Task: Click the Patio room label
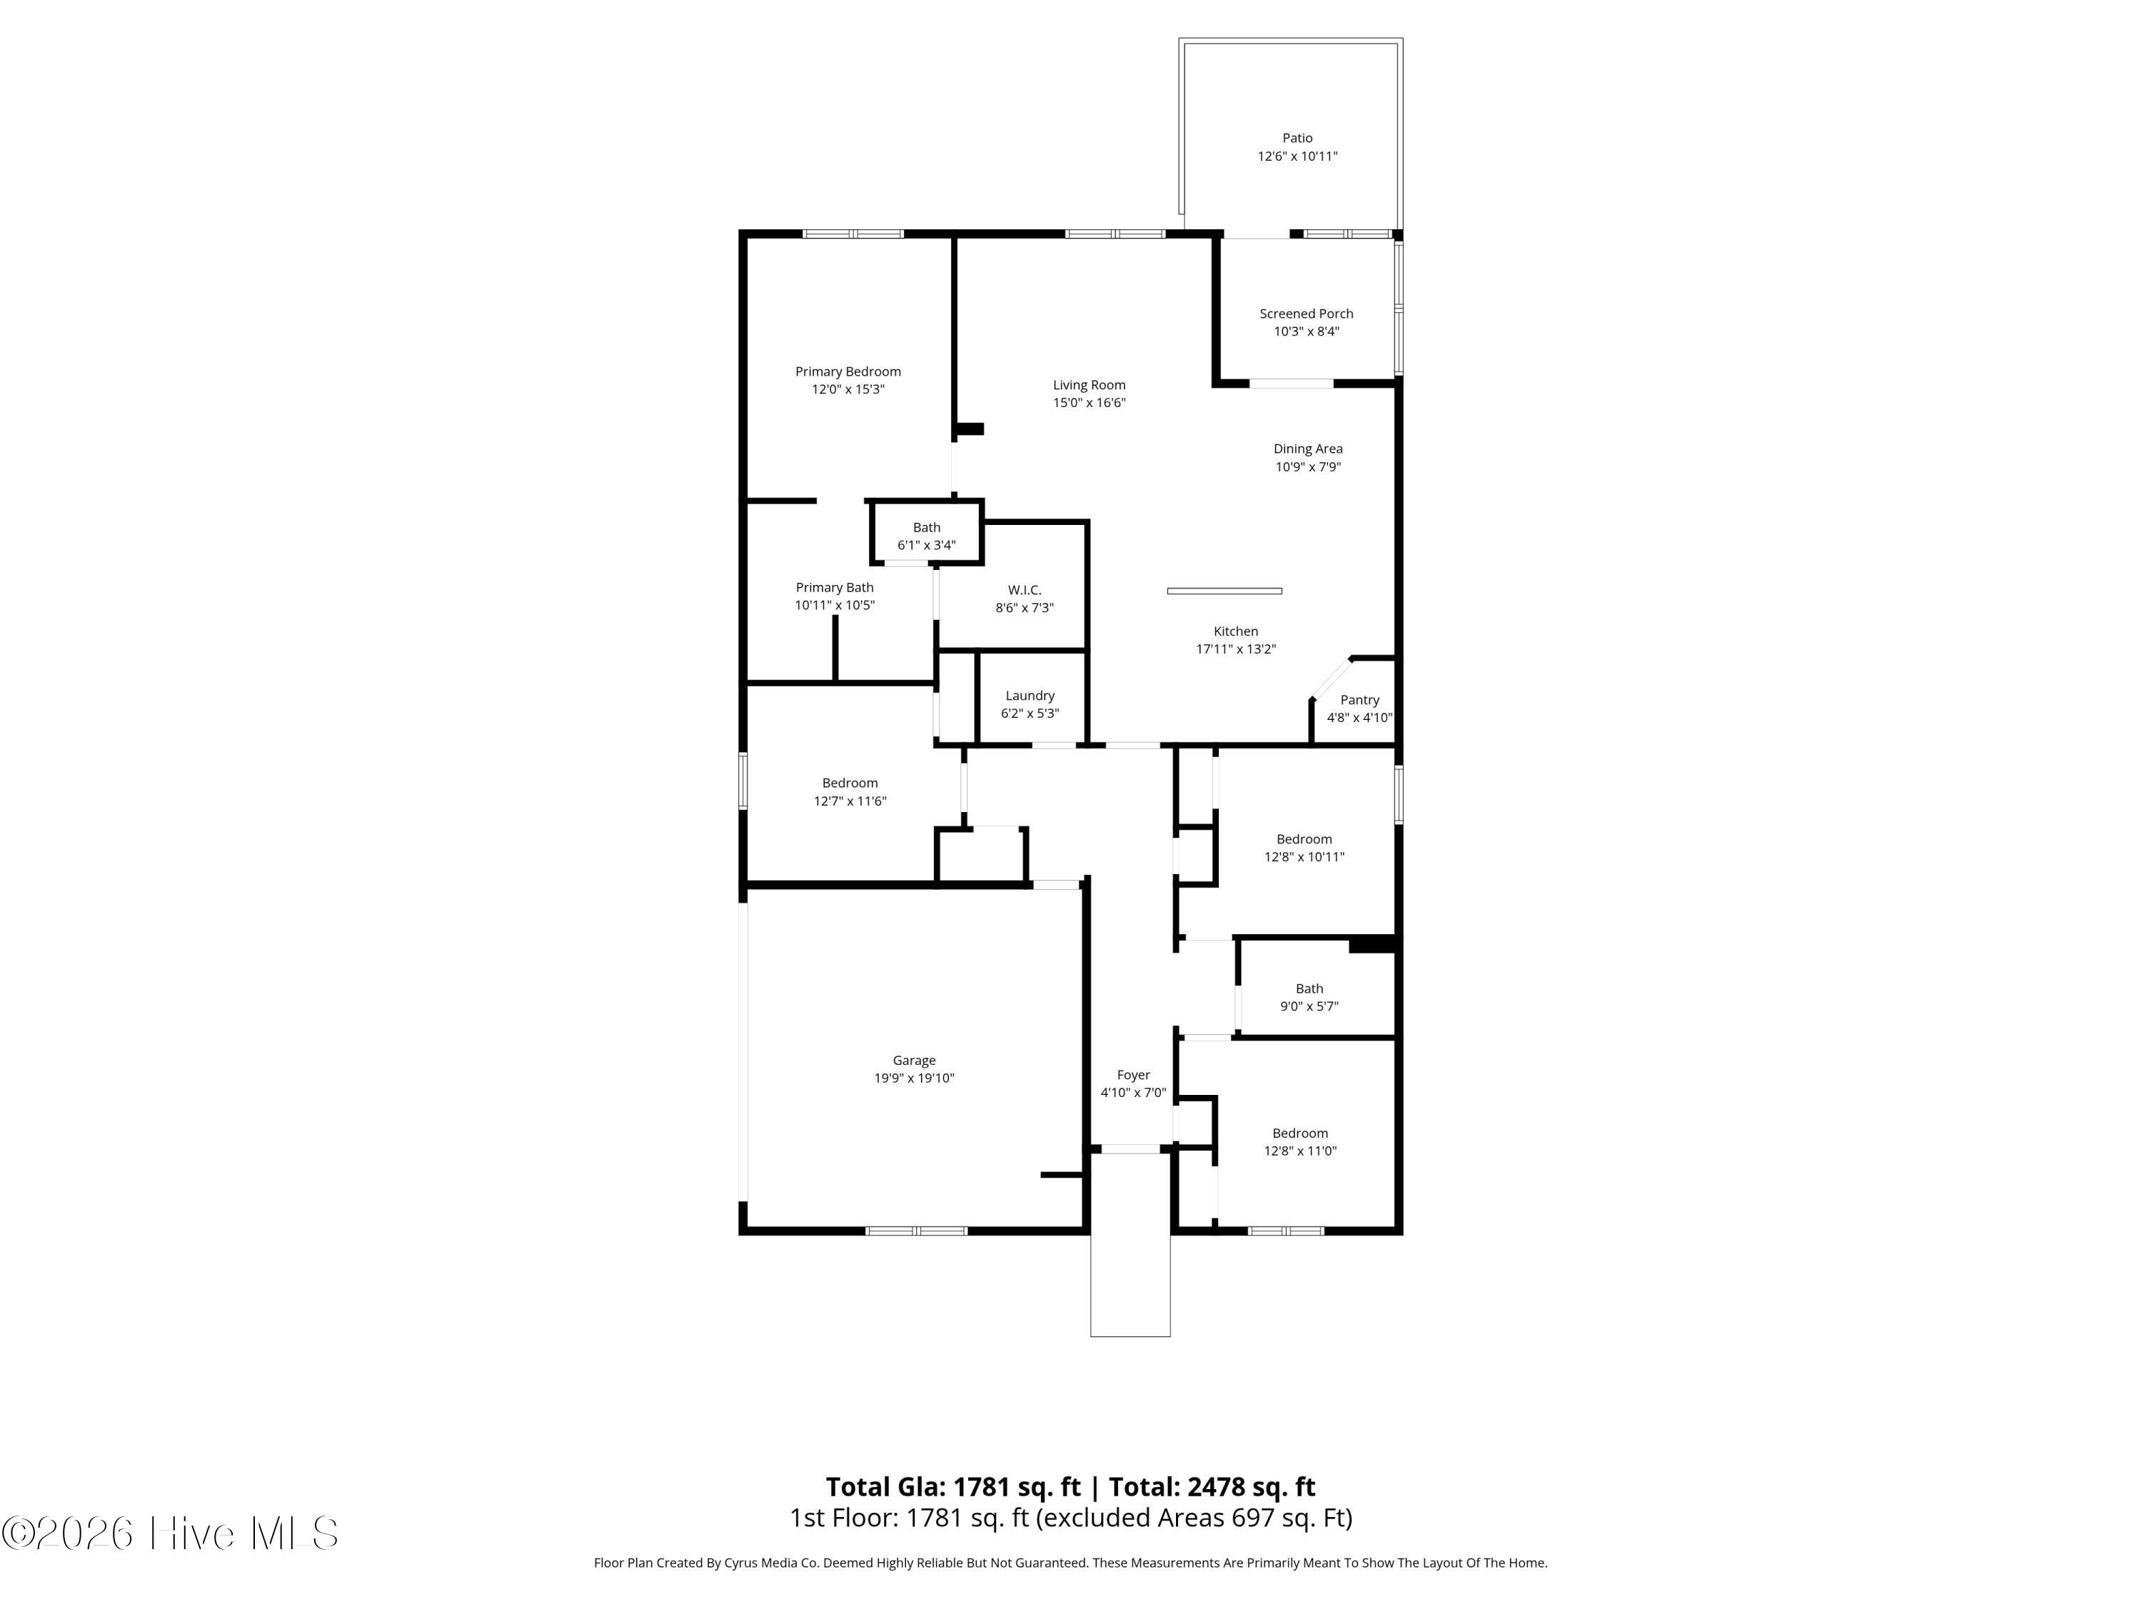[1297, 139]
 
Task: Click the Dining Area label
[1307, 449]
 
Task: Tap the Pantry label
[1359, 699]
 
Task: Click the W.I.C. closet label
[1024, 590]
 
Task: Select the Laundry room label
[1030, 696]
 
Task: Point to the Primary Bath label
[834, 587]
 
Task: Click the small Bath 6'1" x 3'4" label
[926, 528]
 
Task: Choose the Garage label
[913, 1061]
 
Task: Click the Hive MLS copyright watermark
[169, 1533]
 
